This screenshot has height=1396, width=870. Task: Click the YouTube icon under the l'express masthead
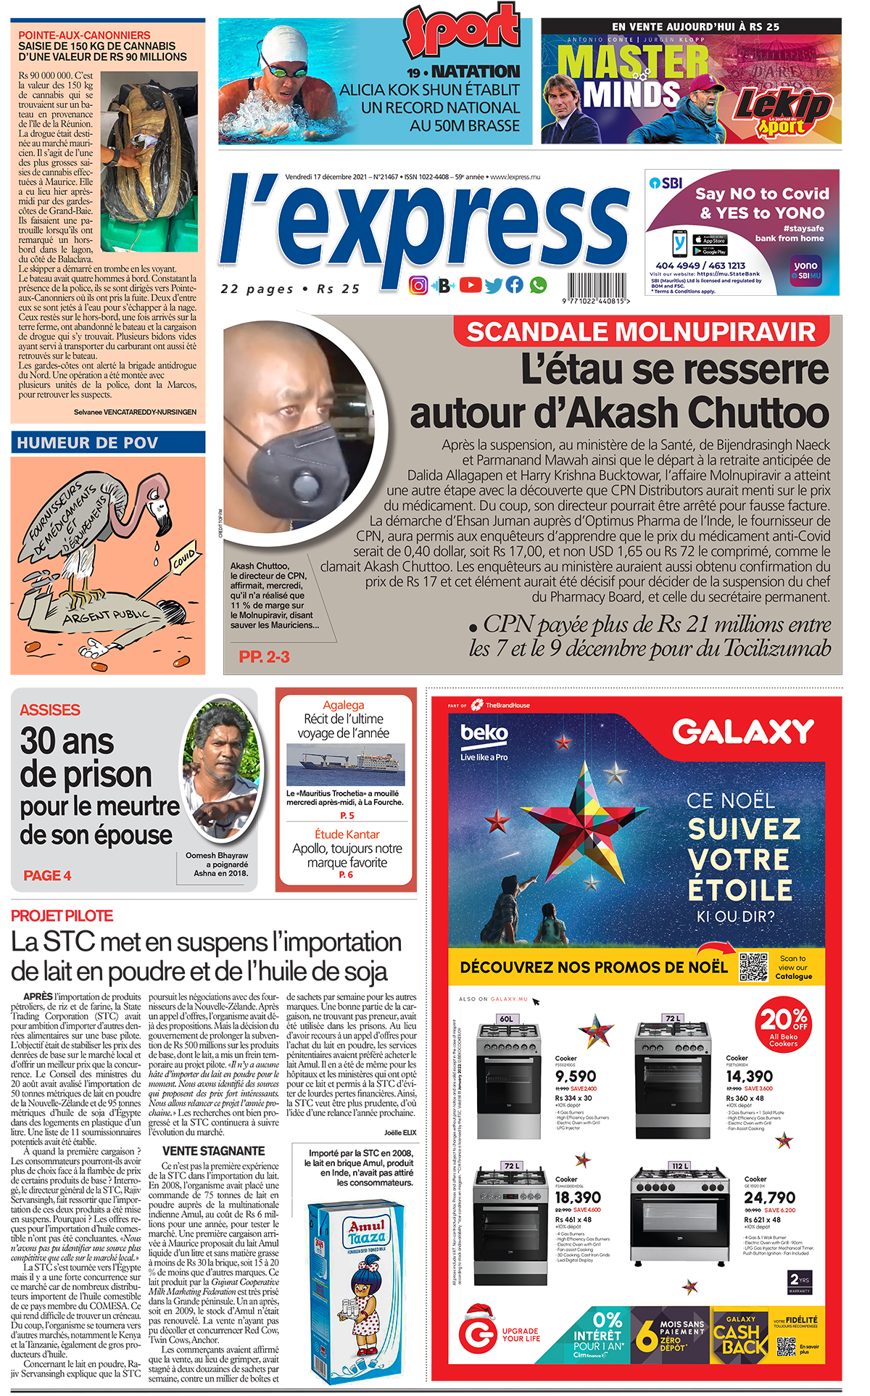coord(471,284)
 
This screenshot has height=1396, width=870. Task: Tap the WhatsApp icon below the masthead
coord(538,285)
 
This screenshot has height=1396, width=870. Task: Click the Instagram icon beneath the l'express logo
coord(418,285)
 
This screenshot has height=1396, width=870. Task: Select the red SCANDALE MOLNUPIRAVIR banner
coord(642,331)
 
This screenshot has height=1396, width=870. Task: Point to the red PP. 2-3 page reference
coord(264,656)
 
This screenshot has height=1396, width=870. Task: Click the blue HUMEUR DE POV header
coord(108,442)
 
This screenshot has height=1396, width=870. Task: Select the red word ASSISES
coord(50,710)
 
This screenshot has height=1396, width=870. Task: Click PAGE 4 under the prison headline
coord(47,875)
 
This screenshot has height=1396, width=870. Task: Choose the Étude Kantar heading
coord(347,834)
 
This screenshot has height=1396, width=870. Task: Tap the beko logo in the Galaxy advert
coord(484,733)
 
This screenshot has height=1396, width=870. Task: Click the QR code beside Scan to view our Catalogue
coord(754,967)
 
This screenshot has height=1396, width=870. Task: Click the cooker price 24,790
coord(769,1197)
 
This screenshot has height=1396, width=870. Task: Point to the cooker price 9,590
coord(576,1076)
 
